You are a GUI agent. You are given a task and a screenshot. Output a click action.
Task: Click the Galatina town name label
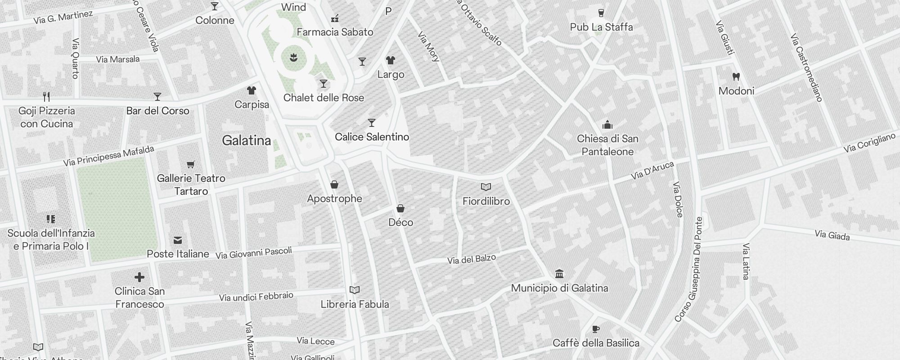247,141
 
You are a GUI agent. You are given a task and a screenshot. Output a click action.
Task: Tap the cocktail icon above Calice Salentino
372,123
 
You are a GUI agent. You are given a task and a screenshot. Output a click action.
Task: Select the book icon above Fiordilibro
486,187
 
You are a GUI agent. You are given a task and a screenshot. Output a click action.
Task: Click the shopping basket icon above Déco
400,208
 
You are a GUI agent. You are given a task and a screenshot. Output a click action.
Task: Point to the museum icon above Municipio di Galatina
559,274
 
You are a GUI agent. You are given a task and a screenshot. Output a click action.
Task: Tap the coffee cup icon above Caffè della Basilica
596,329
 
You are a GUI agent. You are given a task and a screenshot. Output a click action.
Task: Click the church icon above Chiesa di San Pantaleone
607,124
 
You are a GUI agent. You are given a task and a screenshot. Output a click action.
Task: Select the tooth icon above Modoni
736,77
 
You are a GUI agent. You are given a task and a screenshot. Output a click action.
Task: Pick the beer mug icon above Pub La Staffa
601,13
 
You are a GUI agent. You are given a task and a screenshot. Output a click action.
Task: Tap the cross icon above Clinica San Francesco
139,277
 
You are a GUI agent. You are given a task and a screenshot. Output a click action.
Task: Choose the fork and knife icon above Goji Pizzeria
46,96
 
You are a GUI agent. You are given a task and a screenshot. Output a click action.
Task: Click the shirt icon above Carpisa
252,90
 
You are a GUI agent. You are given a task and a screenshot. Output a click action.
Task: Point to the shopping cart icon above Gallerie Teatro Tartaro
191,164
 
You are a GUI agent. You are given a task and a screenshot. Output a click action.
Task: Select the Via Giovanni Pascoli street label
254,253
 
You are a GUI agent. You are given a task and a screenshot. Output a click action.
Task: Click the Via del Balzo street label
472,259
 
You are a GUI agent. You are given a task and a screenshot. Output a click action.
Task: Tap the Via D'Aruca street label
652,171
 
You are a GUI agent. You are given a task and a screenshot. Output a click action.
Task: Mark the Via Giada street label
832,235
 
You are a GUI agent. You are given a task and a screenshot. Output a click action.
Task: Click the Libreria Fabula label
355,304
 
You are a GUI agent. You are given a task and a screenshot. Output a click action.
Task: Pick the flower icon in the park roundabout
294,58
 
